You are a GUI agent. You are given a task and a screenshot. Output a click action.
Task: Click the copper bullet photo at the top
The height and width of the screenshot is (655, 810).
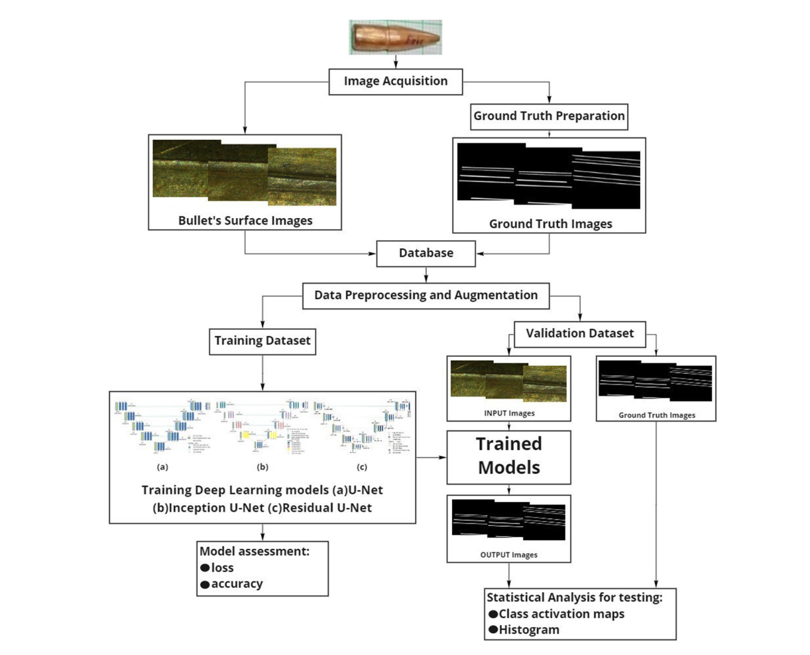[396, 36]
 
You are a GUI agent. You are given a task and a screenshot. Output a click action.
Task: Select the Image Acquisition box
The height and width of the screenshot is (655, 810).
[396, 82]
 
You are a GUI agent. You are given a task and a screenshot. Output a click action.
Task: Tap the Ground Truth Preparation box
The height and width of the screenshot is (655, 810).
[549, 116]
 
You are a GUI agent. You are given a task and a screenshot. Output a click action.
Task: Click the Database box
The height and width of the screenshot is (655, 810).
[426, 253]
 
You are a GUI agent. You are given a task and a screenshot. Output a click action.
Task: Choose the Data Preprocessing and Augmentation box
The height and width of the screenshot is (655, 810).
[426, 295]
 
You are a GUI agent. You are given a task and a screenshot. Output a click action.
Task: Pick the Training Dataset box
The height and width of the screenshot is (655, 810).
[262, 341]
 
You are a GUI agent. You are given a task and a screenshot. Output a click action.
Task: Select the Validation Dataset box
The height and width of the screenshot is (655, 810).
[580, 333]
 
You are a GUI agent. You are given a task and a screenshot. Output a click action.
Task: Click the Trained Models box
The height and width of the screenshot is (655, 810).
[509, 456]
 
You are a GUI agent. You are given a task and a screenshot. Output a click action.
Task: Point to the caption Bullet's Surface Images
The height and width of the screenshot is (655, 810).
[245, 221]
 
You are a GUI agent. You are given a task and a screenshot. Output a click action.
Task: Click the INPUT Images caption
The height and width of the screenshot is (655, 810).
[508, 413]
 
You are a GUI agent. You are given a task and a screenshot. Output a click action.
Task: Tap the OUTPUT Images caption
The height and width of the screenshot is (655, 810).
[508, 554]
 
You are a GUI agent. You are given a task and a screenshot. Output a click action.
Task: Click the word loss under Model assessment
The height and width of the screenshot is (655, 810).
[223, 568]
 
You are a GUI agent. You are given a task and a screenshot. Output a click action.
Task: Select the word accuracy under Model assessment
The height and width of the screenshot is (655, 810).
[237, 584]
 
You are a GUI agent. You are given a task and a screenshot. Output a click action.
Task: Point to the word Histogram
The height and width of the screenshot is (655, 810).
[529, 630]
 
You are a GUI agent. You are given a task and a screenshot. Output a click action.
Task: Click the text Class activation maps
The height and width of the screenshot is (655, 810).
[561, 614]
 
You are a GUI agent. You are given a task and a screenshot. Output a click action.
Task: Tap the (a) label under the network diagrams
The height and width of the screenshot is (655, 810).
[163, 467]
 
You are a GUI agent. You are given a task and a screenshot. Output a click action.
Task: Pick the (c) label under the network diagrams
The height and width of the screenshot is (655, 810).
[362, 467]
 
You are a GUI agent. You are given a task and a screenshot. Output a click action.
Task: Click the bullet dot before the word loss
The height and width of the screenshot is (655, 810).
[205, 568]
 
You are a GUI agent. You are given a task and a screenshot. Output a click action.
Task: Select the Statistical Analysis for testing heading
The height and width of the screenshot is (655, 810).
[575, 597]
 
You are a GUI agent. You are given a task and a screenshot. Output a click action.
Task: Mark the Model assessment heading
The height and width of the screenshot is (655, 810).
[255, 552]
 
